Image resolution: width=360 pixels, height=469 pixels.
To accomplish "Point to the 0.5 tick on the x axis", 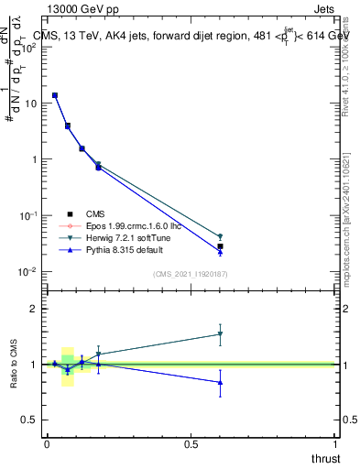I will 191,444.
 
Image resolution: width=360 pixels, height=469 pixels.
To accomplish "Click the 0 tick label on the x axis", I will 47,444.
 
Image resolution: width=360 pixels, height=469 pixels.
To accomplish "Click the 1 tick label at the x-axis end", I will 336,444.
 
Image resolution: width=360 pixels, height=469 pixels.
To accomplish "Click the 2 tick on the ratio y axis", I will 35,309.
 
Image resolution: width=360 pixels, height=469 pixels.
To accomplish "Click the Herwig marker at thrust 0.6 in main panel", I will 220,236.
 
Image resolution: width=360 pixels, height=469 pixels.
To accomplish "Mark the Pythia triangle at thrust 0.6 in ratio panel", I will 220,383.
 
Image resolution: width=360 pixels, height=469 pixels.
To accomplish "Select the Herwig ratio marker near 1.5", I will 220,334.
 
